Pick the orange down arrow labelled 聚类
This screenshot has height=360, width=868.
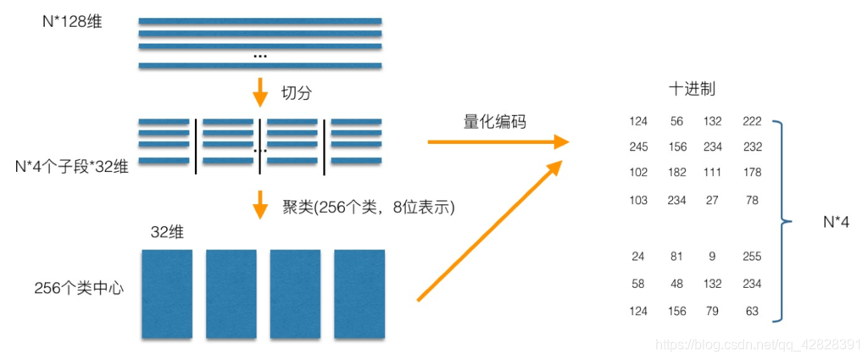point(260,206)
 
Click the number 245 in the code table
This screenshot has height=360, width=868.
point(638,147)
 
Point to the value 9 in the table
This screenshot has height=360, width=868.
point(712,257)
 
